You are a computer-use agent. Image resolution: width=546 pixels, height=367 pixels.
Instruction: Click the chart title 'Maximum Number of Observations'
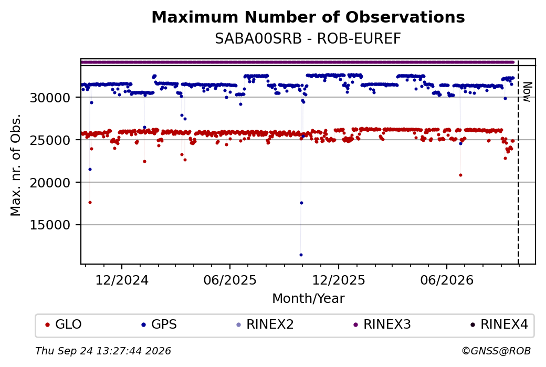[308, 17]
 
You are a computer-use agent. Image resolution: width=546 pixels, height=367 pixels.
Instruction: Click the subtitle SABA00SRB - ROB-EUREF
[308, 39]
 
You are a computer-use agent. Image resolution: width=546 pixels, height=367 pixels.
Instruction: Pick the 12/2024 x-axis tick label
[122, 280]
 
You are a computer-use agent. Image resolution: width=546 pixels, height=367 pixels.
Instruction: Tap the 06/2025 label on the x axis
[230, 280]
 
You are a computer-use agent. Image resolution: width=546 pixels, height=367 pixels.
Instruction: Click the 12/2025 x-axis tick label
[339, 280]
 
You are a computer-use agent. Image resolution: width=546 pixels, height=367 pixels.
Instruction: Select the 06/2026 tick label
[447, 280]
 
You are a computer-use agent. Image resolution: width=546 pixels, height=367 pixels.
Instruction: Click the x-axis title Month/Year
[308, 299]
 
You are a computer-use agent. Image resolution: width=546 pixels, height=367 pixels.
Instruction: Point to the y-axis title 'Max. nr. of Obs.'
[16, 165]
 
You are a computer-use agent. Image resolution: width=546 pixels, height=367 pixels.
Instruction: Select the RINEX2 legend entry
[265, 324]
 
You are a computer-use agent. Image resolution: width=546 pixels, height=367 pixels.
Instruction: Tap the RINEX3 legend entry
[382, 324]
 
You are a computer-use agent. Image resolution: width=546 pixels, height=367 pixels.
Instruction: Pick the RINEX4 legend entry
[499, 324]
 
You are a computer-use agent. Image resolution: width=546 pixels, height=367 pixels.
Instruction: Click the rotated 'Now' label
[528, 92]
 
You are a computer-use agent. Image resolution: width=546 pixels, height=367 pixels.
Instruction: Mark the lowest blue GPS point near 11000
[301, 255]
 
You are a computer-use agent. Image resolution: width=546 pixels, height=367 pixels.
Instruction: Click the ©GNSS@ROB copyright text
[496, 351]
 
